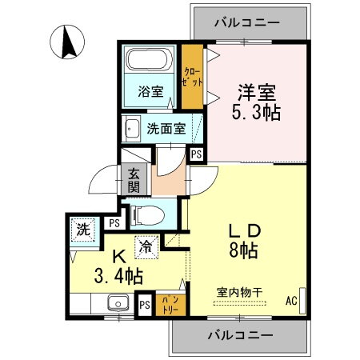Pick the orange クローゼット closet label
(x=191, y=77)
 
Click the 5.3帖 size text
(x=258, y=113)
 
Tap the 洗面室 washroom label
(x=166, y=128)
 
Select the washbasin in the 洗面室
(x=130, y=126)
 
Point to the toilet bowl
(x=146, y=214)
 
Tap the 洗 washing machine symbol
(x=83, y=229)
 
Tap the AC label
(x=292, y=302)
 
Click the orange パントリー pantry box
(x=167, y=302)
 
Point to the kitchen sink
(x=118, y=302)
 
